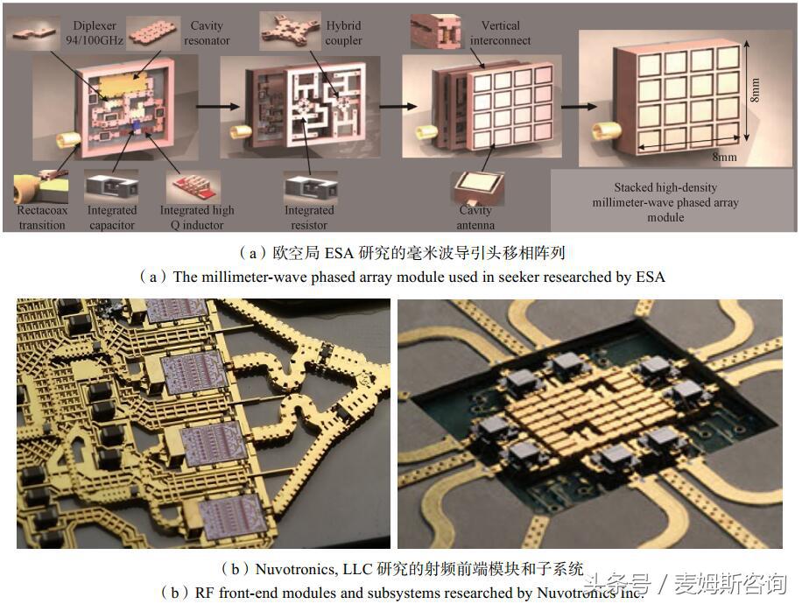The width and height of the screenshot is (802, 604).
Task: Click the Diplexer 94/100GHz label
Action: point(95,32)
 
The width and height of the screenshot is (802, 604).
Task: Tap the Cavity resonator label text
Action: point(207,32)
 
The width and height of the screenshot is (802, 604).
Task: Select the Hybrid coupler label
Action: point(343,32)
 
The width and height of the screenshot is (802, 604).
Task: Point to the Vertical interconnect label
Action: point(500,32)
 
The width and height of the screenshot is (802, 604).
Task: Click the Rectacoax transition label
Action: point(42,217)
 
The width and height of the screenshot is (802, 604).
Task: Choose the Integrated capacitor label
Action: point(112,217)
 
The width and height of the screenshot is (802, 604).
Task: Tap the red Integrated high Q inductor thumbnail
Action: point(193,187)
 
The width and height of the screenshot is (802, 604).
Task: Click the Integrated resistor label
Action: point(309,217)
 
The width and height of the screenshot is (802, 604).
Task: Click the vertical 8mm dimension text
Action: point(755,90)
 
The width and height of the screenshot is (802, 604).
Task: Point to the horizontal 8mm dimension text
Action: point(725,157)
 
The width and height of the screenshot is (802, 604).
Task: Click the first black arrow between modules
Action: point(218,107)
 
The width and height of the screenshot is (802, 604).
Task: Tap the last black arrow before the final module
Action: point(579,107)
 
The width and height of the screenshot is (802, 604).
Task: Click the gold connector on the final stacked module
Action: point(606,131)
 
